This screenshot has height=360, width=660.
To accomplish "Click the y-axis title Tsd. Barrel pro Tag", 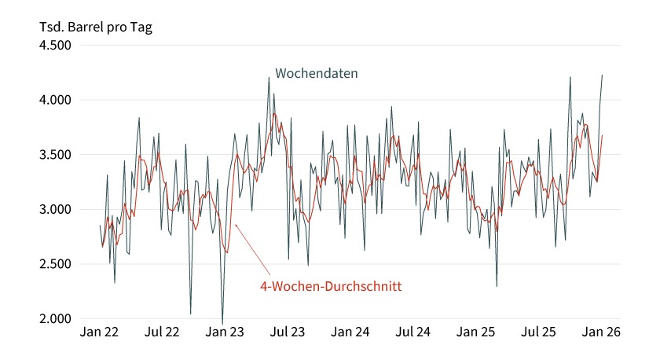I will click(x=96, y=27).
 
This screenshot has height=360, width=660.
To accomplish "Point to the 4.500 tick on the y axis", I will click(x=55, y=46).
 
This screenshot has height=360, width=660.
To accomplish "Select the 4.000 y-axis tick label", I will click(x=55, y=100).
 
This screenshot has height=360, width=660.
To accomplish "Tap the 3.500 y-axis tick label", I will click(x=55, y=155).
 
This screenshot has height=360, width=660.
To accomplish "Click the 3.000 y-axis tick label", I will click(x=55, y=209).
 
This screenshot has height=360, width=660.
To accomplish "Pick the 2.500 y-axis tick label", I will click(x=55, y=264).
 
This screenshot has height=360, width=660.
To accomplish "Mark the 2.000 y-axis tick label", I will click(x=55, y=318).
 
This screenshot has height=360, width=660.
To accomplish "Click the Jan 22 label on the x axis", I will click(x=100, y=332).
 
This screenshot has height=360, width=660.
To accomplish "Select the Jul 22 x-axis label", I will click(x=162, y=332).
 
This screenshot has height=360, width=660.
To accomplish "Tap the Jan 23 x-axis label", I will click(x=225, y=332).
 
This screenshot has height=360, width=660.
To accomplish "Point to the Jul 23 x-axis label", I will click(x=288, y=332).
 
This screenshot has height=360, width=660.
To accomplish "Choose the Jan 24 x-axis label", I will click(x=350, y=332).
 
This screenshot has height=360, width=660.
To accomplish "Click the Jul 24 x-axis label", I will click(x=412, y=332).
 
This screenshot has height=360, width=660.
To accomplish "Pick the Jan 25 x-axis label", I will click(x=477, y=332).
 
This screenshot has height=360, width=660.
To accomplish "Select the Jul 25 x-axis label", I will click(x=539, y=332).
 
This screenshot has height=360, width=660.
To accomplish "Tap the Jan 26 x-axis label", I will click(x=602, y=332).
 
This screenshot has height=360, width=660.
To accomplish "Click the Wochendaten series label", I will click(x=317, y=74).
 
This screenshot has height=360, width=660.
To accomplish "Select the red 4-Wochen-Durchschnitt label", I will click(x=331, y=287).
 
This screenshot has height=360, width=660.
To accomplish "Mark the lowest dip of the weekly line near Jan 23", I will click(x=222, y=323).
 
